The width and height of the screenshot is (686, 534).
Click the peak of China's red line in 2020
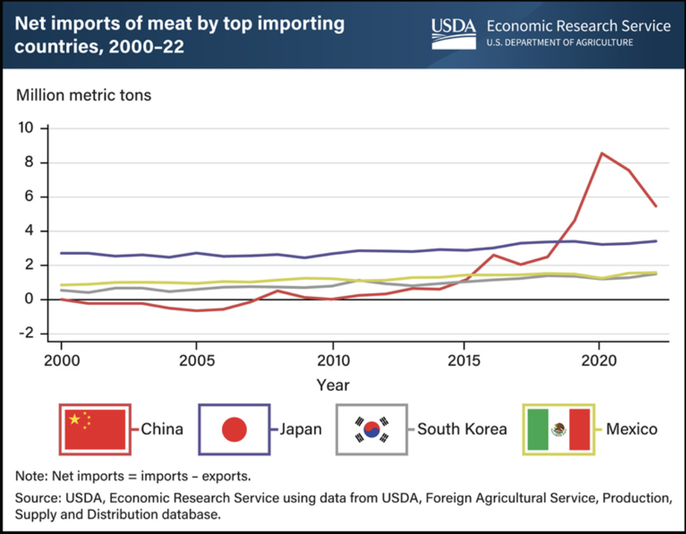pos(601,153)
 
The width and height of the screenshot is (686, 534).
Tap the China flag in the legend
pos(95,429)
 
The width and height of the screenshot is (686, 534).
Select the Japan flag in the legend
pos(234,429)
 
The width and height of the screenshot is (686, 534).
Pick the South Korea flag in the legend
pos(371,429)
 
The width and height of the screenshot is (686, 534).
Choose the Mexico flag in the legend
pos(558,429)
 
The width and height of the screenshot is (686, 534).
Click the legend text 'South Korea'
pos(462,429)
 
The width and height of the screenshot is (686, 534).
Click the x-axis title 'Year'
pos(333,385)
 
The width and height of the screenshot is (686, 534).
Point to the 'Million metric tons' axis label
pos(84,95)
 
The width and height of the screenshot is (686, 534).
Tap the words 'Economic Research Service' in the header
pos(579,26)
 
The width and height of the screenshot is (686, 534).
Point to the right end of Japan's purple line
pos(656,241)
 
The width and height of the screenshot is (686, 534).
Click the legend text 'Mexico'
pos(631,429)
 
